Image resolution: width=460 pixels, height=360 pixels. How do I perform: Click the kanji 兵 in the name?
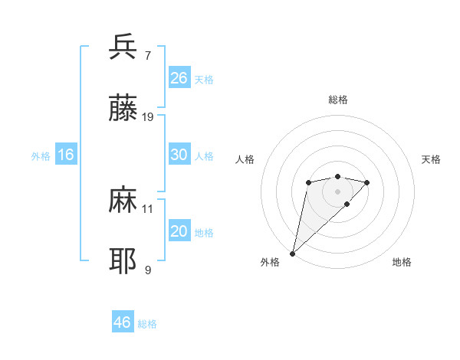[x=123, y=47]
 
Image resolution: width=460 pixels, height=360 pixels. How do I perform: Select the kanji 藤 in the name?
[x=123, y=109]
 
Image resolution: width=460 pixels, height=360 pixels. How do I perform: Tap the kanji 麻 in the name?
[x=123, y=200]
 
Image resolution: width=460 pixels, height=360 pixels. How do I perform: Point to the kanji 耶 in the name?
[x=123, y=261]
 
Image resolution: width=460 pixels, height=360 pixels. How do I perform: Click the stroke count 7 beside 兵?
[x=147, y=55]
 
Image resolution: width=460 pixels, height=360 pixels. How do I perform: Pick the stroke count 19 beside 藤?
[x=148, y=117]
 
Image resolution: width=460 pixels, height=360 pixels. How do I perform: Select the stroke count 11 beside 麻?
[x=148, y=208]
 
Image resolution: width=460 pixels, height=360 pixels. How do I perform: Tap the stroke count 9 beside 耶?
[x=147, y=270]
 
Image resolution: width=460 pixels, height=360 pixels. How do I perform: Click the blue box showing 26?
[x=179, y=78]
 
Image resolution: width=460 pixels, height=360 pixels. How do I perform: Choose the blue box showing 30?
[x=179, y=155]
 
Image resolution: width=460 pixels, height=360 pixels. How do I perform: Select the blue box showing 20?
[x=179, y=231]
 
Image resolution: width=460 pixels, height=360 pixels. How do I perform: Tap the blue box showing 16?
[x=66, y=155]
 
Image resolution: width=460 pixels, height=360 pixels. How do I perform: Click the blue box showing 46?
[x=122, y=322]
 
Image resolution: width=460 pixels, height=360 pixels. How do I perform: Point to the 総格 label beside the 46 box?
[x=147, y=324]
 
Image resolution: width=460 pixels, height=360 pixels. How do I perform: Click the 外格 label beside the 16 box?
[x=41, y=156]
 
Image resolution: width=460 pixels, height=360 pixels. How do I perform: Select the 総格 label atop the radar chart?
[x=337, y=100]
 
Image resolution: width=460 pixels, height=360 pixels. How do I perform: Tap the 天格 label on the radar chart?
[x=431, y=159]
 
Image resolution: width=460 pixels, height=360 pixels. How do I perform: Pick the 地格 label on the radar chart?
[x=402, y=262]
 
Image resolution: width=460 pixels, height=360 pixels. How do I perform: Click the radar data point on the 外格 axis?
[x=293, y=253]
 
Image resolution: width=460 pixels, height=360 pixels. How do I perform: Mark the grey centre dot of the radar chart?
[x=337, y=191]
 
